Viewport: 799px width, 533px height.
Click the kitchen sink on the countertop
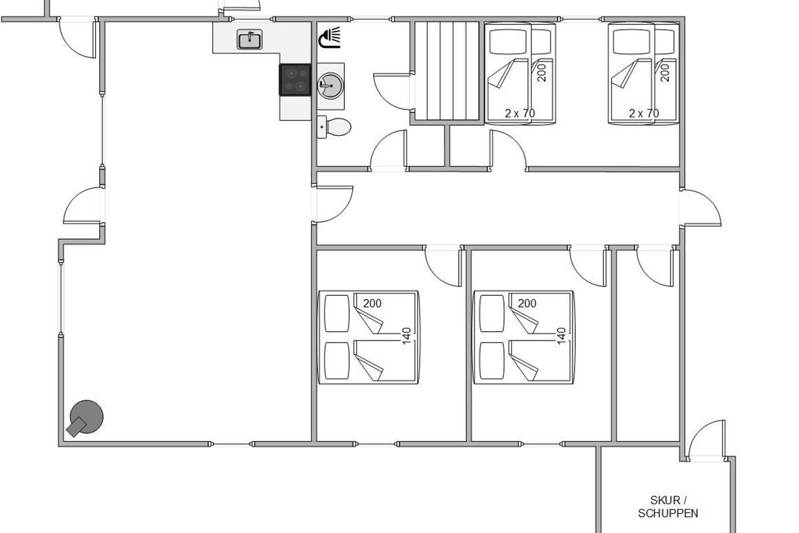pos(250,39)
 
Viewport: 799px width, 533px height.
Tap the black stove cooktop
pos(295,79)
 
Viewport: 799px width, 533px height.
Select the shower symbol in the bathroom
pos(329,37)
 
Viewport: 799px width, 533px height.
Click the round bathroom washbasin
pos(330,86)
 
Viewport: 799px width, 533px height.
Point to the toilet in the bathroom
pos(334,127)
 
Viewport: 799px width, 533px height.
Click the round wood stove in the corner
pos(86,418)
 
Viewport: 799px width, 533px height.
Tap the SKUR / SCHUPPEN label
pos(668,506)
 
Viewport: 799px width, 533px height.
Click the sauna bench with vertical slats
pos(447,71)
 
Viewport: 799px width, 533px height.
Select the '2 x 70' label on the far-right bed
pos(644,113)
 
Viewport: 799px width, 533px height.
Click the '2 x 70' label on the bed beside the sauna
pos(520,113)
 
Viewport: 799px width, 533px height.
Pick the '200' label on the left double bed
pos(372,303)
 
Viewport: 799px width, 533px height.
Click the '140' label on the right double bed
pos(561,336)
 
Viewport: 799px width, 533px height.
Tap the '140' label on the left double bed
pos(407,336)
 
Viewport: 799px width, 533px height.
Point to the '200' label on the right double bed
pos(527,303)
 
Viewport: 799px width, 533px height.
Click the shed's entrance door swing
pos(707,440)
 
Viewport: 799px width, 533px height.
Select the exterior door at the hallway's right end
pos(701,208)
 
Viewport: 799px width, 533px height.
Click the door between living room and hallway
pos(334,204)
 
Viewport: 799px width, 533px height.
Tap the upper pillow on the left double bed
pos(337,313)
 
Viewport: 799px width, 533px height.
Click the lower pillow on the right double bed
pos(492,361)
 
